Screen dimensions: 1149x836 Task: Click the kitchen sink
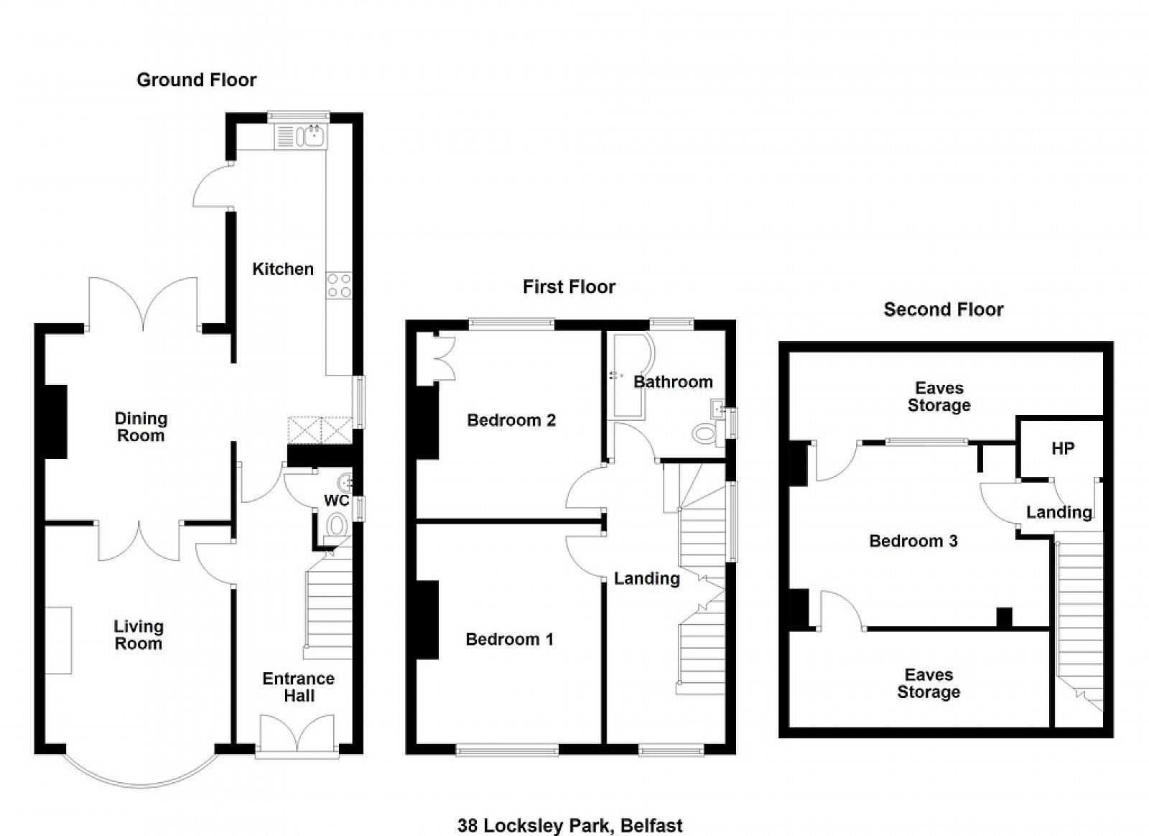(301, 136)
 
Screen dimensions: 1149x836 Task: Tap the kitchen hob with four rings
(339, 286)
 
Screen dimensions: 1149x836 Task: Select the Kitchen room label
(283, 269)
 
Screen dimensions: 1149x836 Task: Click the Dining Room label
(141, 427)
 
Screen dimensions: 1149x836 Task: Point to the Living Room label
(139, 634)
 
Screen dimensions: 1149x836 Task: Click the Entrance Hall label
(299, 687)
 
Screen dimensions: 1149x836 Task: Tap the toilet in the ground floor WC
(337, 525)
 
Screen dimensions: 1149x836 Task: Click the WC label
(337, 500)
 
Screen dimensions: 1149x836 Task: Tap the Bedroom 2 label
(511, 421)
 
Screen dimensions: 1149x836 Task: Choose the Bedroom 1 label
(509, 639)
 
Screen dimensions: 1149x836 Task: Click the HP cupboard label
(1063, 449)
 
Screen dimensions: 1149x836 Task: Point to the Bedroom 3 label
(913, 541)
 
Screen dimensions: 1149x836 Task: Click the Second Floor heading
(944, 310)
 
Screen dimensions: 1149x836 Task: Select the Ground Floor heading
(197, 80)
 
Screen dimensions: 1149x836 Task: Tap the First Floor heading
(569, 287)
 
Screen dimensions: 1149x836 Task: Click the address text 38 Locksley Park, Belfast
(570, 825)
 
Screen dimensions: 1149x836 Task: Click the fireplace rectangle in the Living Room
(58, 641)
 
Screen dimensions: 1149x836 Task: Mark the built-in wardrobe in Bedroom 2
(436, 359)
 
